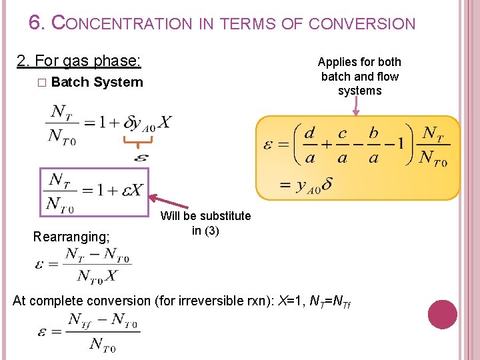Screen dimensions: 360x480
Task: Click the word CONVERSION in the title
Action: pos(361,24)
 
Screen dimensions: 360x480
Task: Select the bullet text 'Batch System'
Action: pos(97,82)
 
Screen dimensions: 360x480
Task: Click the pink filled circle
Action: pos(443,315)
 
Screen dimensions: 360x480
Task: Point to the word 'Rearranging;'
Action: pos(72,236)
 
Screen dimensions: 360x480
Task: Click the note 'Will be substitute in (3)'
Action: pos(205,223)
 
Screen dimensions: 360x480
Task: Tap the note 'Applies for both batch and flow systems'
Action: pos(359,76)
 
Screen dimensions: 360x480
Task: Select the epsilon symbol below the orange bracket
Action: pos(141,158)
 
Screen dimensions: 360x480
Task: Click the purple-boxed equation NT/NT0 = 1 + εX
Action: pos(95,191)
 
